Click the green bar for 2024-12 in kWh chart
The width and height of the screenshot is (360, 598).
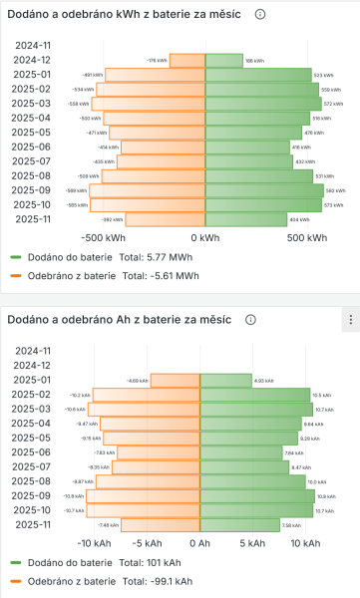(x=223, y=60)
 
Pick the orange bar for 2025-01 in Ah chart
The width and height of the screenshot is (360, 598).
(x=177, y=380)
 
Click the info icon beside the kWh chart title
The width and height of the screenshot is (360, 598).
(x=259, y=15)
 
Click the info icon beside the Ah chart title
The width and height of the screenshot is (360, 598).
(x=250, y=320)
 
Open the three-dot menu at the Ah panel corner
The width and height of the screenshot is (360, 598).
(x=350, y=320)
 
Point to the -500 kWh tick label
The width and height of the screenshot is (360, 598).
(x=106, y=238)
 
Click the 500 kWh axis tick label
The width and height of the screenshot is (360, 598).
(x=307, y=238)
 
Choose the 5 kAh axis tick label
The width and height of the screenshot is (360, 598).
(x=252, y=543)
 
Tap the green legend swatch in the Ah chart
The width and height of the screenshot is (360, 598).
(x=16, y=562)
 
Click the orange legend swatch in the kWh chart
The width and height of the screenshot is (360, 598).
(x=16, y=274)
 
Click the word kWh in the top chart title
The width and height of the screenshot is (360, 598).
(x=140, y=15)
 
